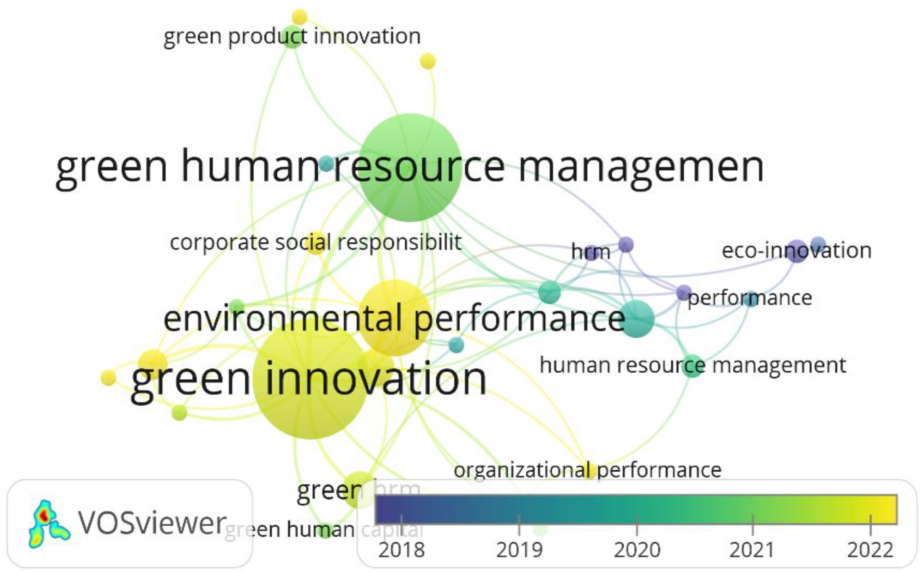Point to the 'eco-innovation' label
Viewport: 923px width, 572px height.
[797, 251]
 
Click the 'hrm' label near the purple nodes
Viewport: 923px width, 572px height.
[590, 252]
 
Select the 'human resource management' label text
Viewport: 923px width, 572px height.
[693, 365]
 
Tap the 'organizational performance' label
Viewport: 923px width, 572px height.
[587, 470]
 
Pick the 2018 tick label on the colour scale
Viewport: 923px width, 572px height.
[401, 550]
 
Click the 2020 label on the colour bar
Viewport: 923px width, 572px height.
[637, 550]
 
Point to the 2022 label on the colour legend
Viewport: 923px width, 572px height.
[870, 550]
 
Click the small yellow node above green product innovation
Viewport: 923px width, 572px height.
[299, 17]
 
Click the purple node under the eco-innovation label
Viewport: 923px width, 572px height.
[797, 251]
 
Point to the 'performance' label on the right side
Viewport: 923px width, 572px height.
[749, 298]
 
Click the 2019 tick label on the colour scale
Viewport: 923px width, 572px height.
[519, 550]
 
